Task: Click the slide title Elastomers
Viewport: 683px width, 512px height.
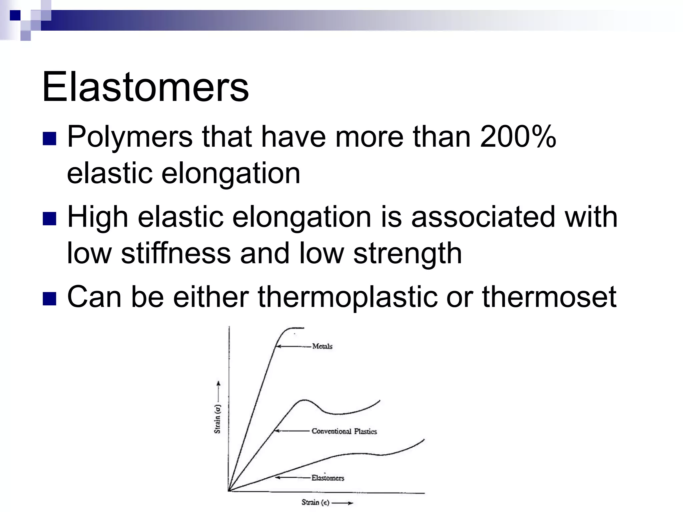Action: pyautogui.click(x=145, y=87)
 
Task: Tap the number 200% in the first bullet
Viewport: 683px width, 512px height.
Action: pyautogui.click(x=518, y=137)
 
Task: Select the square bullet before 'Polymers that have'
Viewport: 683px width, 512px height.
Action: pyautogui.click(x=49, y=139)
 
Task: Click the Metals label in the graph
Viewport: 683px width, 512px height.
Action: pyautogui.click(x=322, y=346)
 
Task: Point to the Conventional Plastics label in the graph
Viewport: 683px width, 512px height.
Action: pyautogui.click(x=344, y=431)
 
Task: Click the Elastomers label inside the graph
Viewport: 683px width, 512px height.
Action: pyautogui.click(x=327, y=478)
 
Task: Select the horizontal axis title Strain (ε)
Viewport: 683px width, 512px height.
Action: pyautogui.click(x=315, y=502)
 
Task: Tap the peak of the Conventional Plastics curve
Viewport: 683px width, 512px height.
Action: pyautogui.click(x=303, y=400)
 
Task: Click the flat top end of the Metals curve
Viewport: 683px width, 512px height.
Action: pyautogui.click(x=297, y=328)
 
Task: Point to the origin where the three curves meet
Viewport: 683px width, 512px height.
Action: pyautogui.click(x=229, y=490)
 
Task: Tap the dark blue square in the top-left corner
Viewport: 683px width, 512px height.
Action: pyautogui.click(x=15, y=15)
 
